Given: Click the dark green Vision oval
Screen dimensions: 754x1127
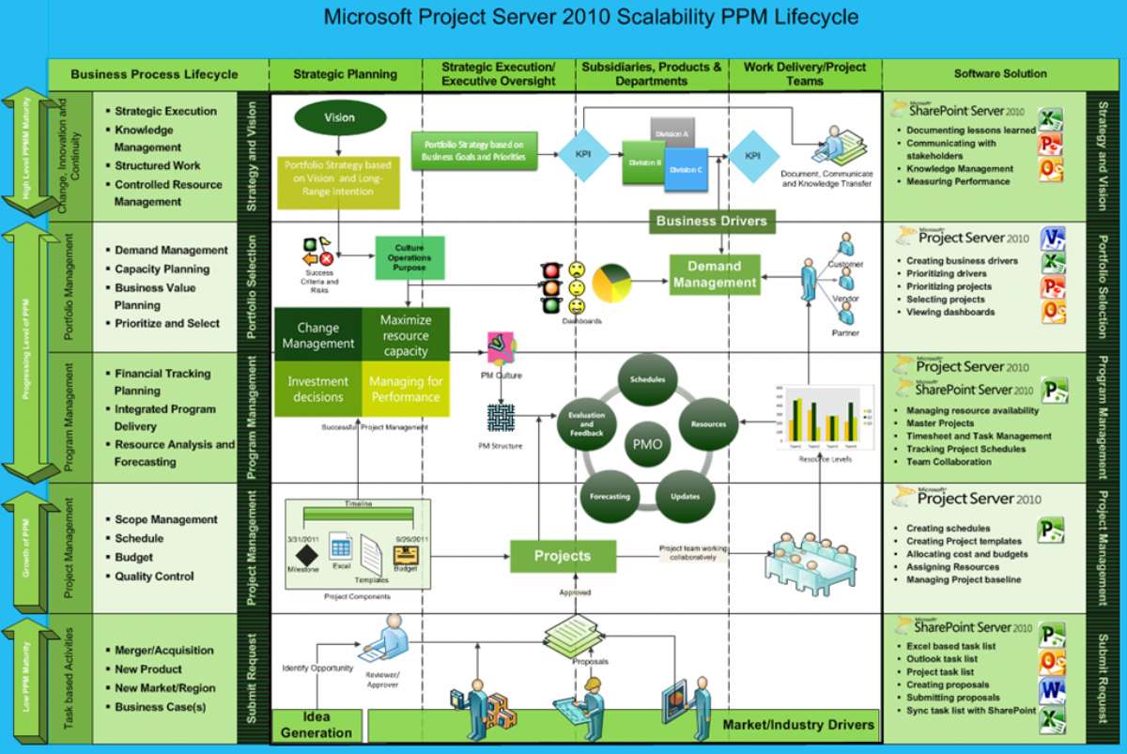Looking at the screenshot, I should click(339, 118).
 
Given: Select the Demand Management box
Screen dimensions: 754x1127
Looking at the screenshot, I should click(714, 273).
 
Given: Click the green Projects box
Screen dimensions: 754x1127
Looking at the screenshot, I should click(563, 556).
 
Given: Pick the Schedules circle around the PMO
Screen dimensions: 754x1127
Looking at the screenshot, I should click(647, 379).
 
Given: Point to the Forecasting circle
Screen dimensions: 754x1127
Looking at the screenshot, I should click(610, 496).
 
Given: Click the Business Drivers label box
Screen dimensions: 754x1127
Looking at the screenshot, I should click(712, 222).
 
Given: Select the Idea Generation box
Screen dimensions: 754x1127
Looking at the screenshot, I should click(316, 726).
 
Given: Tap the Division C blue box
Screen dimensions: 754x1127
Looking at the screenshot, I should click(686, 169).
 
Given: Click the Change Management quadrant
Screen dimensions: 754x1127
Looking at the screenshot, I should click(317, 336).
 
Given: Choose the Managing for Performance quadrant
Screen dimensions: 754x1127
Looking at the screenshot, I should click(406, 389).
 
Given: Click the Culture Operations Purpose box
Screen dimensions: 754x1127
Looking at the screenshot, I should click(409, 258).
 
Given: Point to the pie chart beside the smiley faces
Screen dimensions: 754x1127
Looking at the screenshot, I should click(612, 283).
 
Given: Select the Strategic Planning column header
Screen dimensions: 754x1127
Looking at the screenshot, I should click(345, 74).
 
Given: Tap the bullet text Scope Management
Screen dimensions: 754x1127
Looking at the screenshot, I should click(166, 519).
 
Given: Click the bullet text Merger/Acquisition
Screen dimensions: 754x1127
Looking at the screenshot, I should click(164, 650).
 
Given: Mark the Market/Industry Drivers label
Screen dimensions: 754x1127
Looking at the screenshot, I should click(797, 724).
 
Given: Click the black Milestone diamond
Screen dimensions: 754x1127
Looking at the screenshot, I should click(303, 554).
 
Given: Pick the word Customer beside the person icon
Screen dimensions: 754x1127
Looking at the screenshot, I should click(845, 264).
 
